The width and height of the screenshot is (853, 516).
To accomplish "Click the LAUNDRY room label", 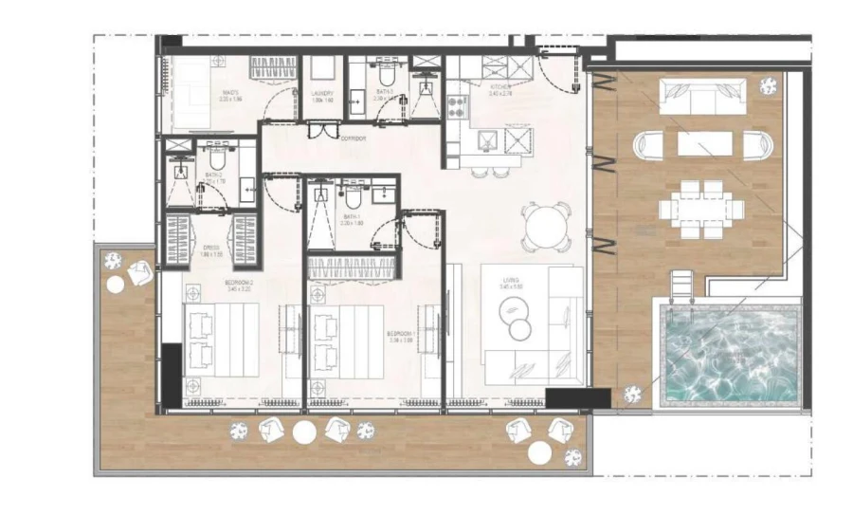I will (x=322, y=94).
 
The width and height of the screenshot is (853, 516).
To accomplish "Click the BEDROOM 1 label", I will (x=400, y=335).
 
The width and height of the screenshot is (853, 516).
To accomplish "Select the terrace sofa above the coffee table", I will (x=699, y=97).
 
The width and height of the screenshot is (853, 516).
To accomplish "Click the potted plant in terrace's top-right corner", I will (x=769, y=85).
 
